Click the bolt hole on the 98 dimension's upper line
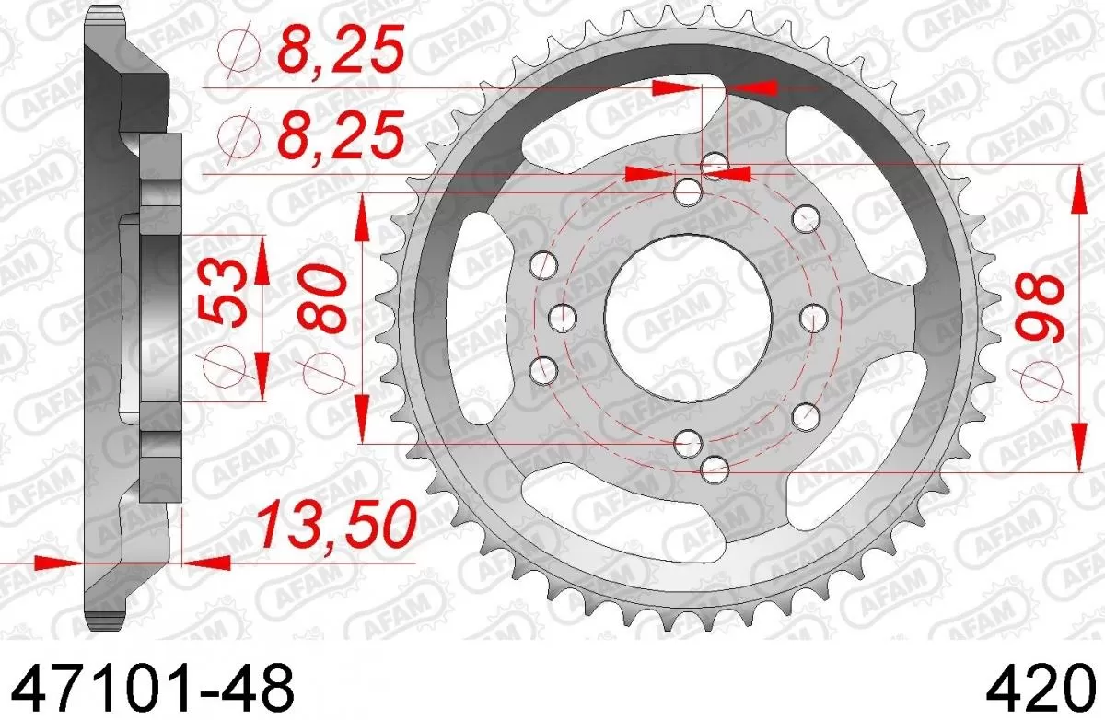pos(714,165)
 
